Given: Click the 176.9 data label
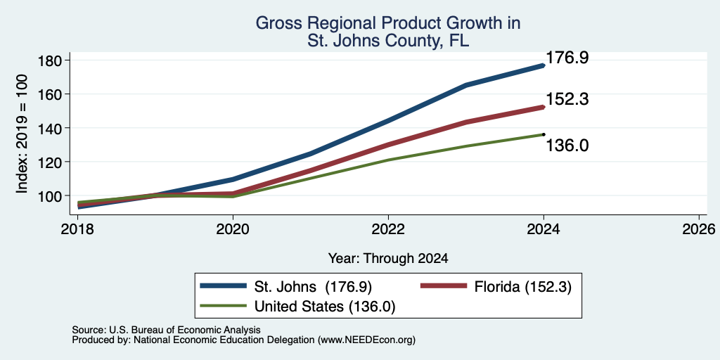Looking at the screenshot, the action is point(567,58).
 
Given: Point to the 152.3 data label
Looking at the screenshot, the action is point(567,99).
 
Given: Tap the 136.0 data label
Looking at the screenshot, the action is point(567,146).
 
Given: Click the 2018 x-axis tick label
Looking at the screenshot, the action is point(77,229).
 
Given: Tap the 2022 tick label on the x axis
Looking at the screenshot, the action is point(388,229).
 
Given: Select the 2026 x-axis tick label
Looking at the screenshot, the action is point(699,229).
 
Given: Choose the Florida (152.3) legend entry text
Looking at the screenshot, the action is point(523,287).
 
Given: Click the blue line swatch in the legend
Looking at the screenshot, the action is point(224,285).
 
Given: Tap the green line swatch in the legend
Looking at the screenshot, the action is point(224,305).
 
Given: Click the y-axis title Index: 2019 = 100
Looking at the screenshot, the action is point(22,134).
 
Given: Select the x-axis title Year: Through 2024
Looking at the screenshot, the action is point(388,259).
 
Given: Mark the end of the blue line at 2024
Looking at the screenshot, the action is point(544,65).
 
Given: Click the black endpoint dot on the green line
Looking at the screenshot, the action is point(544,134).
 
